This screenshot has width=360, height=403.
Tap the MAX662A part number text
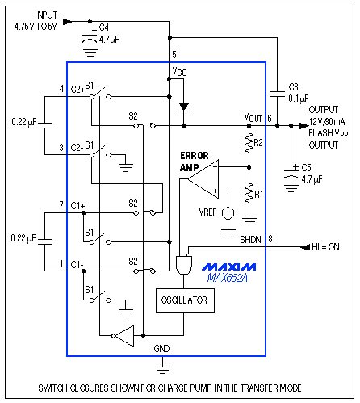point(228,279)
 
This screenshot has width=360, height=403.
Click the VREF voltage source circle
point(228,214)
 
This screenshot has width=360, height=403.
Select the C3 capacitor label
point(293,86)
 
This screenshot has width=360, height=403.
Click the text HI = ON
point(327,246)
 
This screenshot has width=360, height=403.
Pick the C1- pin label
point(77,264)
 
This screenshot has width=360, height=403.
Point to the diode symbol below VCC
point(183,106)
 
